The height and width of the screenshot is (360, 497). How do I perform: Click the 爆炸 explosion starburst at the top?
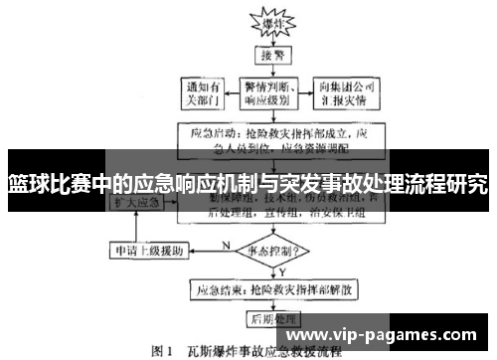point(269,21)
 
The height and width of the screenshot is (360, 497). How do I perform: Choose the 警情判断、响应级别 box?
point(270,93)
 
